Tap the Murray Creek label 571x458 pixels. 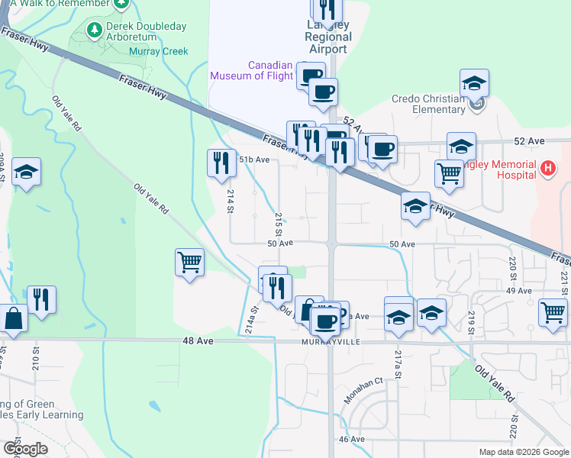click(160, 52)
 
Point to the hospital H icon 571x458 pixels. click(547, 168)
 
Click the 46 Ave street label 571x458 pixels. click(352, 439)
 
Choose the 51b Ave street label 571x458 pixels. click(254, 160)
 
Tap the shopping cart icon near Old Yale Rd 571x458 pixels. click(189, 263)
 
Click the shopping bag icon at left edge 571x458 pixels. click(14, 318)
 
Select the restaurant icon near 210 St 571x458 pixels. click(41, 299)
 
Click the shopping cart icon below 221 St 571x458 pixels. click(553, 312)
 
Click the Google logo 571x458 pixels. click(24, 449)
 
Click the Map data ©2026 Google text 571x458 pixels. click(524, 452)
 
